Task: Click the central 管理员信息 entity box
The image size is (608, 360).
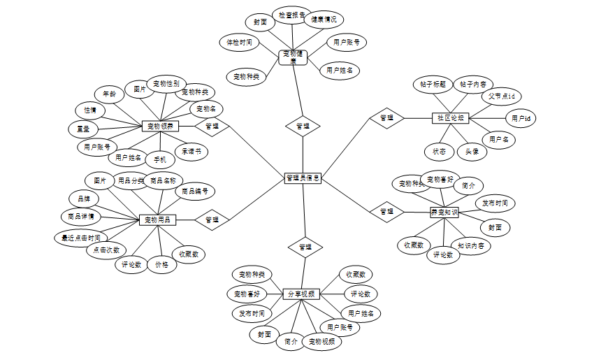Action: [303, 178]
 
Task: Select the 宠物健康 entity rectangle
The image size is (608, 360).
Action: [294, 57]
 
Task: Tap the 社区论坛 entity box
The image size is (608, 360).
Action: [447, 117]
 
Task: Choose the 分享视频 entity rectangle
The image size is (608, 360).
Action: [302, 294]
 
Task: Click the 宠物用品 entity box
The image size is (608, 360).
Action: [157, 220]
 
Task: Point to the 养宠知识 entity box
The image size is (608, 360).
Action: [444, 212]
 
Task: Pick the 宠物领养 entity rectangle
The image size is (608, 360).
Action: [161, 127]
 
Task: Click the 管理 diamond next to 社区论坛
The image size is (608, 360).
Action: [386, 118]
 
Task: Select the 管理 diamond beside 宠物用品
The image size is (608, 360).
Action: [212, 219]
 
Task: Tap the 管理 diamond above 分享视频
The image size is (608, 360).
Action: [305, 247]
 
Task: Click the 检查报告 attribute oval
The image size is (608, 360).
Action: [291, 14]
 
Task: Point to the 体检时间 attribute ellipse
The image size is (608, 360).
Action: [239, 43]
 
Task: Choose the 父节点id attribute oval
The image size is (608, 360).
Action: [501, 96]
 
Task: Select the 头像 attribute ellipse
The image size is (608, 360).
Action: [472, 151]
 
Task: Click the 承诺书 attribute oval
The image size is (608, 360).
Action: [191, 151]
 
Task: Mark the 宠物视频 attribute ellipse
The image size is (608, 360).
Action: [321, 342]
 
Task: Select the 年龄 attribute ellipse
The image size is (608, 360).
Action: [109, 93]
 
